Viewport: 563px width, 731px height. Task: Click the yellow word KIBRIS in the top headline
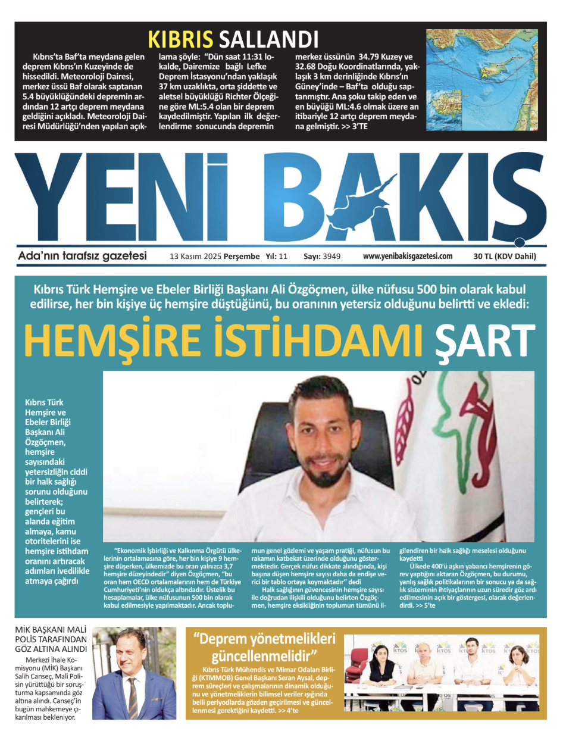180,39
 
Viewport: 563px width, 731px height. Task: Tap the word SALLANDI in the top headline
268,39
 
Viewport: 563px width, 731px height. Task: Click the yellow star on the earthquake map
483,75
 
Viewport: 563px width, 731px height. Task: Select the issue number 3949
330,257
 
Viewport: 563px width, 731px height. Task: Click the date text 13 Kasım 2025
195,257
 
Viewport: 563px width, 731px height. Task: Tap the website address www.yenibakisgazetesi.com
408,256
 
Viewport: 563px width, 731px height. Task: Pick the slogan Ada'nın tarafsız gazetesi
83,256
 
